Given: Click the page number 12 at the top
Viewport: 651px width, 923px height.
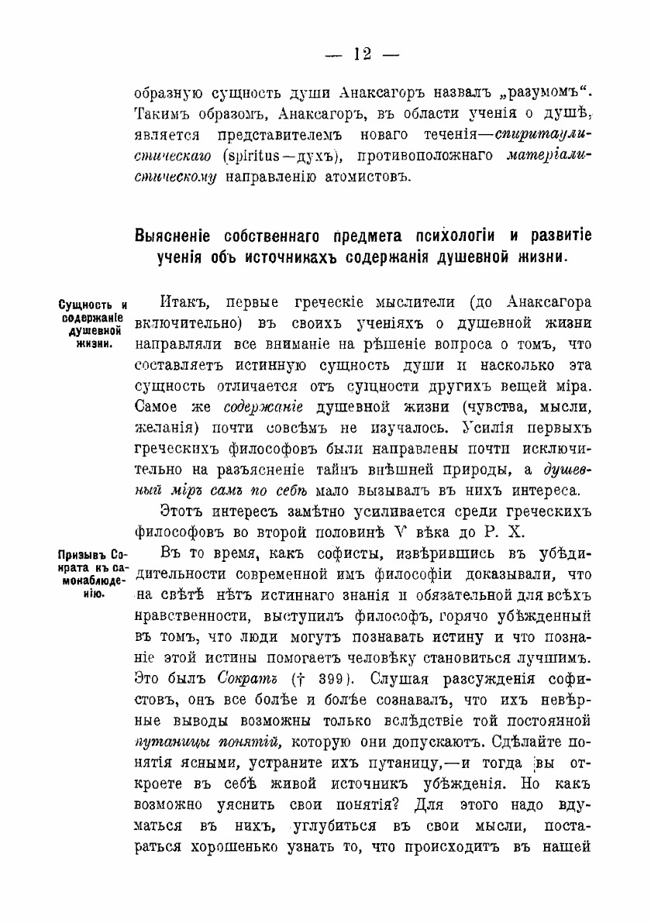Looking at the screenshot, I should (362, 54).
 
